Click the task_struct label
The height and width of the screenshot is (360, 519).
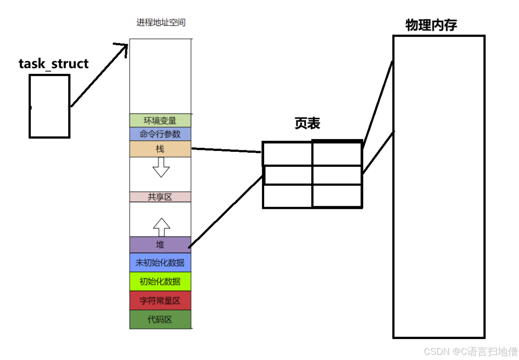point(53,64)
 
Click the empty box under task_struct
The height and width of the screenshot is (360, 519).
point(50,106)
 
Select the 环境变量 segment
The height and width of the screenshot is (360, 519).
point(160,121)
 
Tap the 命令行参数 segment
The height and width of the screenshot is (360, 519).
point(160,134)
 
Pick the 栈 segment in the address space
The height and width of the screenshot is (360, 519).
point(160,149)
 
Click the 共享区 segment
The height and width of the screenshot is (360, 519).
point(160,197)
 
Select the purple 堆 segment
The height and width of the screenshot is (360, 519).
point(160,245)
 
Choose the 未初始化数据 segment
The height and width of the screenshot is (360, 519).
point(160,263)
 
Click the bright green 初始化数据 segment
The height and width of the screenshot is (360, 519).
point(160,282)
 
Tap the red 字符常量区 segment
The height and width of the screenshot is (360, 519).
point(160,301)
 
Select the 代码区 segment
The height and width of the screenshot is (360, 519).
point(160,319)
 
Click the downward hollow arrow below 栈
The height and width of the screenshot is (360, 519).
point(161,167)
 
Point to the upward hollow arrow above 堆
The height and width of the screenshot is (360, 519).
point(161,227)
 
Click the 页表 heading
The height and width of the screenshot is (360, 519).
point(307,123)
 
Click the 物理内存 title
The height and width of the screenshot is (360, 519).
point(431,25)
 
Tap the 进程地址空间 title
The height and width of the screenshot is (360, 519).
point(161,22)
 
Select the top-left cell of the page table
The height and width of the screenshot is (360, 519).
point(288,154)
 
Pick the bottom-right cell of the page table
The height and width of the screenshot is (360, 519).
point(337,196)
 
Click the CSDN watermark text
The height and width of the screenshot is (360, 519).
point(471,351)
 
